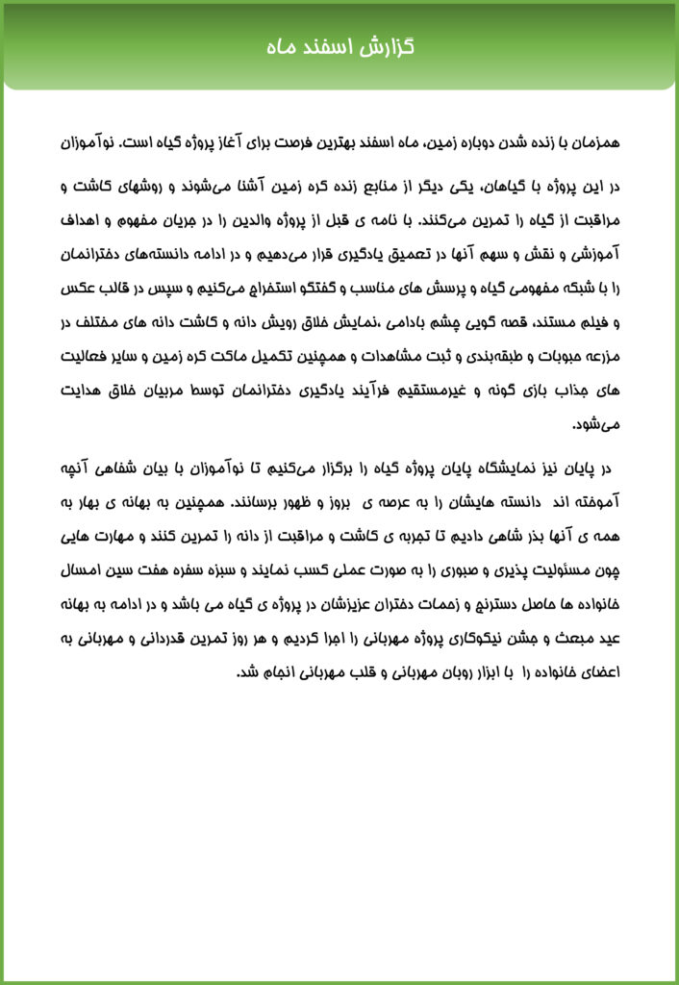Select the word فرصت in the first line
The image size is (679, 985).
304,142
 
